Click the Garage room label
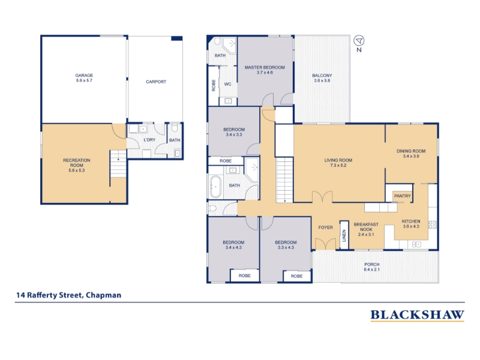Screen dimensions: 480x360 click(84, 78)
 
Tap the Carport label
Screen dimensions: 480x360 click(156, 82)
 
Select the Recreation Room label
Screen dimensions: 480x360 click(77, 166)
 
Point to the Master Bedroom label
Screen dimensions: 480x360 click(265, 70)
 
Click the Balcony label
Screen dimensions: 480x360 click(322, 78)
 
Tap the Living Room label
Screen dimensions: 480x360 click(338, 163)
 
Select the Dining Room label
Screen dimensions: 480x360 click(411, 154)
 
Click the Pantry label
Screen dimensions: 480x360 click(403, 196)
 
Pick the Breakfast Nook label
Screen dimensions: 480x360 click(366, 229)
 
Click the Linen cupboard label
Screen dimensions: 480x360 click(344, 236)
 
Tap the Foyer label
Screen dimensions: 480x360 click(325, 227)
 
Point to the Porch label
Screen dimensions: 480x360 click(372, 267)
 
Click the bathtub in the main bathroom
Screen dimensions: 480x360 click(215, 187)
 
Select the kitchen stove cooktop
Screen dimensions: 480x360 click(433, 224)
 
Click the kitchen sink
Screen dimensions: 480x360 click(416, 244)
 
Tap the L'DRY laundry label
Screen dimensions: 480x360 click(149, 140)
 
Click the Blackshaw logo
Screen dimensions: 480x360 click(417, 315)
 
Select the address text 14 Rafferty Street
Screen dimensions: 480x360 click(49, 295)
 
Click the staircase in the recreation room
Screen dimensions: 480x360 click(118, 164)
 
